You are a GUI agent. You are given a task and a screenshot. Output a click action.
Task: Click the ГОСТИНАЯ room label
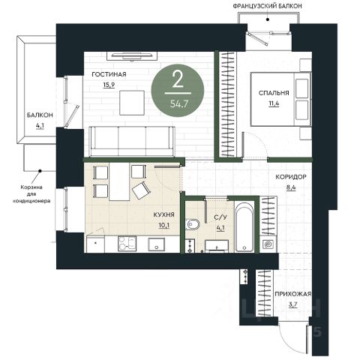coord(109,74)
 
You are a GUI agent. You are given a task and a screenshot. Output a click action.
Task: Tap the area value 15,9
coord(109,85)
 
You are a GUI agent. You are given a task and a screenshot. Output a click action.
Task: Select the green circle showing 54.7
coord(178,90)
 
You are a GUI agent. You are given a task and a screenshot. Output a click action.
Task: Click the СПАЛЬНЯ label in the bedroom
coord(274,93)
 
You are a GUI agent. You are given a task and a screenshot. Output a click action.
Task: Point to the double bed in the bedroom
coord(280,99)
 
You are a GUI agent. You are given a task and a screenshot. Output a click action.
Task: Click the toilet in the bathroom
coord(193,224)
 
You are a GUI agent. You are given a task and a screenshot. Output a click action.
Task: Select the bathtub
coord(244,227)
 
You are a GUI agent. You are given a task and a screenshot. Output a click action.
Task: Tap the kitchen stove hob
coord(127,244)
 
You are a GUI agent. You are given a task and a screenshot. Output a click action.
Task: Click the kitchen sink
coord(157,244)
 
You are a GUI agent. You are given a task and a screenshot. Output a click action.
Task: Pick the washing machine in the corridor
coord(268,244)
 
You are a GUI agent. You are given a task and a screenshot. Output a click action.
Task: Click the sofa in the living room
coord(132,142)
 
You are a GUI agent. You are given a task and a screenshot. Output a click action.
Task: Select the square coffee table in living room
coord(132,103)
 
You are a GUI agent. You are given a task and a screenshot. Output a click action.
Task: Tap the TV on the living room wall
coord(132,55)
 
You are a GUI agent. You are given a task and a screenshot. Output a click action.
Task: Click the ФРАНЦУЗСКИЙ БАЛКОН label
coord(267,6)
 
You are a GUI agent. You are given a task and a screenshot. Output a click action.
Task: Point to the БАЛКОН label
coord(40,115)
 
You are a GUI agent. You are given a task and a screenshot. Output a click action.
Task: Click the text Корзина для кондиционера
coord(31,193)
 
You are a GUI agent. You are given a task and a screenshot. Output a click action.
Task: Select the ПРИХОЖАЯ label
coord(293,294)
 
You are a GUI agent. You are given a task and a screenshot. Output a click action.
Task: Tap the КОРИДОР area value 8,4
coord(291,187)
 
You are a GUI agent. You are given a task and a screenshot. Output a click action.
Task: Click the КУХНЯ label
coord(163,214)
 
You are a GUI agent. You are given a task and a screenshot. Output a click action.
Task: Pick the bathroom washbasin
coord(217,245)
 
